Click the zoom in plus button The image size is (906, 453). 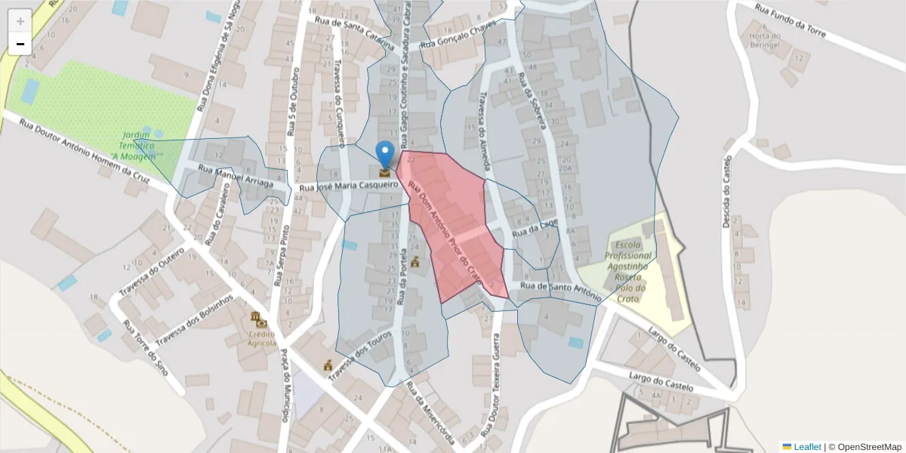click(20, 20)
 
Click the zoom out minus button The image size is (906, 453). click(20, 44)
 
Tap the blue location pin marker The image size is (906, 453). click(385, 154)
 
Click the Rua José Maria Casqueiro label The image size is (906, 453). click(349, 186)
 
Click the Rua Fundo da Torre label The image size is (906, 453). click(791, 20)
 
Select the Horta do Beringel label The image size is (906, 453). click(763, 40)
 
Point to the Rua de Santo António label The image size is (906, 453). click(560, 291)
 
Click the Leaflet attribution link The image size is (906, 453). click(806, 447)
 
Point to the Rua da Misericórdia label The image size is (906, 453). click(430, 413)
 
